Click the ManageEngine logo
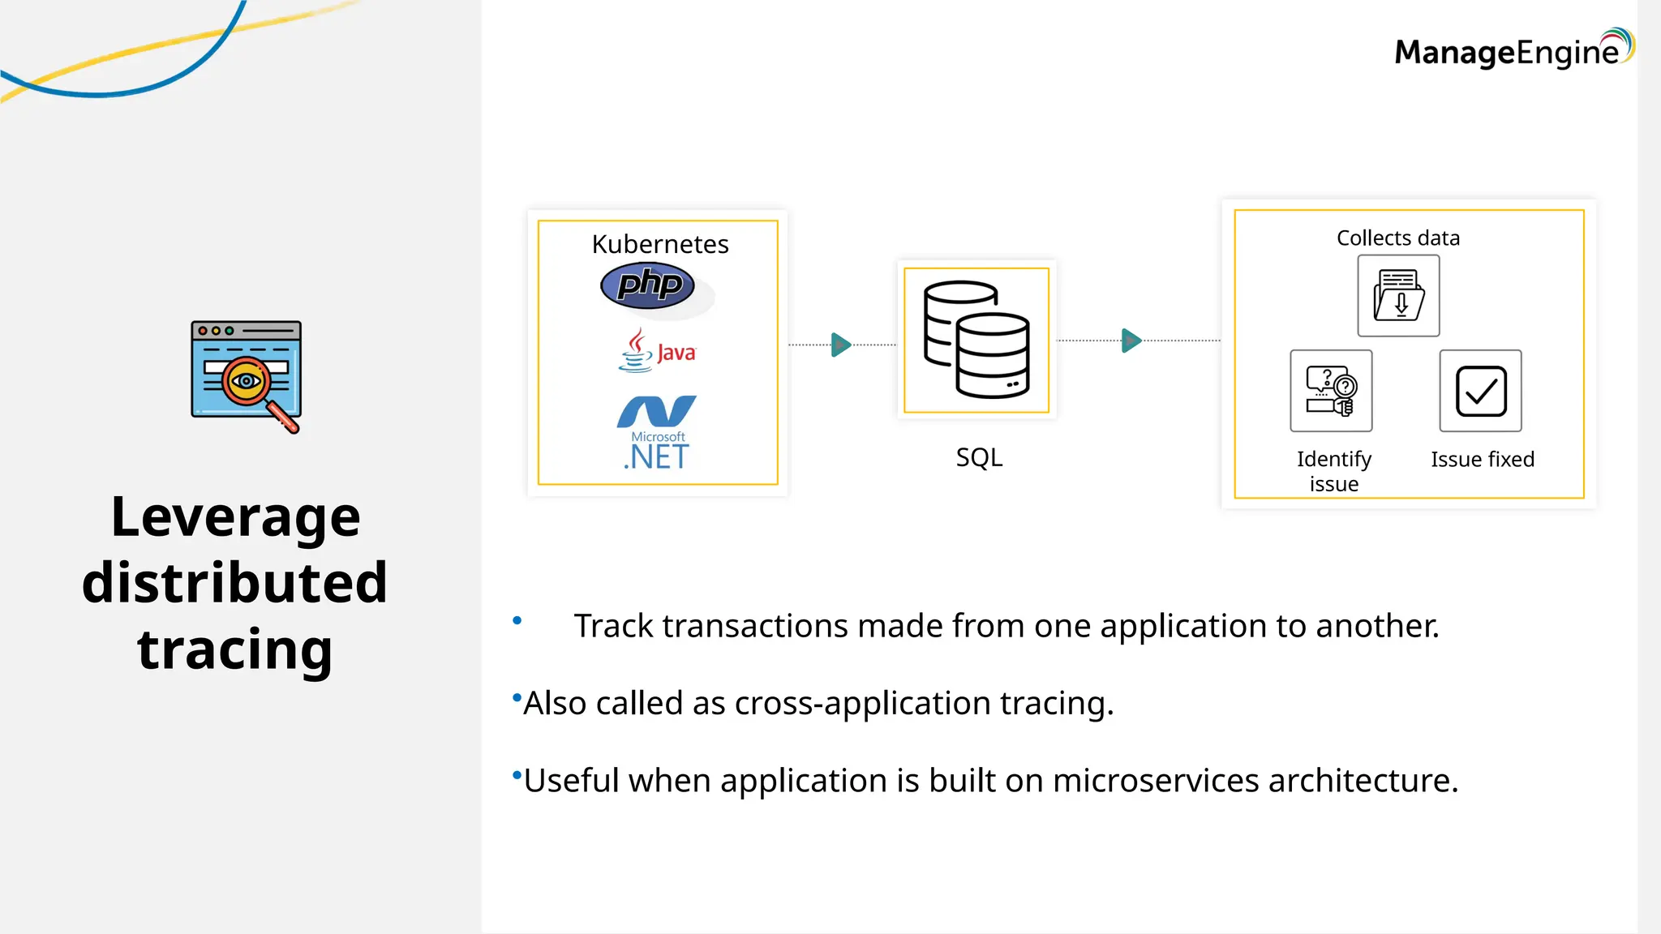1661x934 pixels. pyautogui.click(x=1513, y=50)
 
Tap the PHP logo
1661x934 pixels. pyautogui.click(x=648, y=285)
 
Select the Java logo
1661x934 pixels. pyautogui.click(x=657, y=350)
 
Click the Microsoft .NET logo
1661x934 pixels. pyautogui.click(x=656, y=432)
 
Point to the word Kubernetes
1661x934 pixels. pyautogui.click(x=659, y=244)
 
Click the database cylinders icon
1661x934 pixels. pyautogui.click(x=976, y=340)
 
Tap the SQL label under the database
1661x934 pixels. pyautogui.click(x=979, y=457)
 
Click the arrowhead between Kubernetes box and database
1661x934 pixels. pyautogui.click(x=841, y=345)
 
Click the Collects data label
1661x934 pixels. pyautogui.click(x=1397, y=238)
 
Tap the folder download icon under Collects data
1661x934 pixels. pyautogui.click(x=1398, y=296)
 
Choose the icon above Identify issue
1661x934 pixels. pyautogui.click(x=1331, y=391)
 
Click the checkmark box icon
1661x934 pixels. pyautogui.click(x=1480, y=391)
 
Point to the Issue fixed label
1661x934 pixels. pyautogui.click(x=1482, y=459)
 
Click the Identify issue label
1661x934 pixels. pyautogui.click(x=1333, y=471)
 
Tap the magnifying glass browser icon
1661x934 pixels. pyautogui.click(x=247, y=376)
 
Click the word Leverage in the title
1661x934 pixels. pyautogui.click(x=235, y=516)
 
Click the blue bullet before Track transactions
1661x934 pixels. pyautogui.click(x=517, y=621)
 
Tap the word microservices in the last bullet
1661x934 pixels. pyautogui.click(x=1155, y=780)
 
